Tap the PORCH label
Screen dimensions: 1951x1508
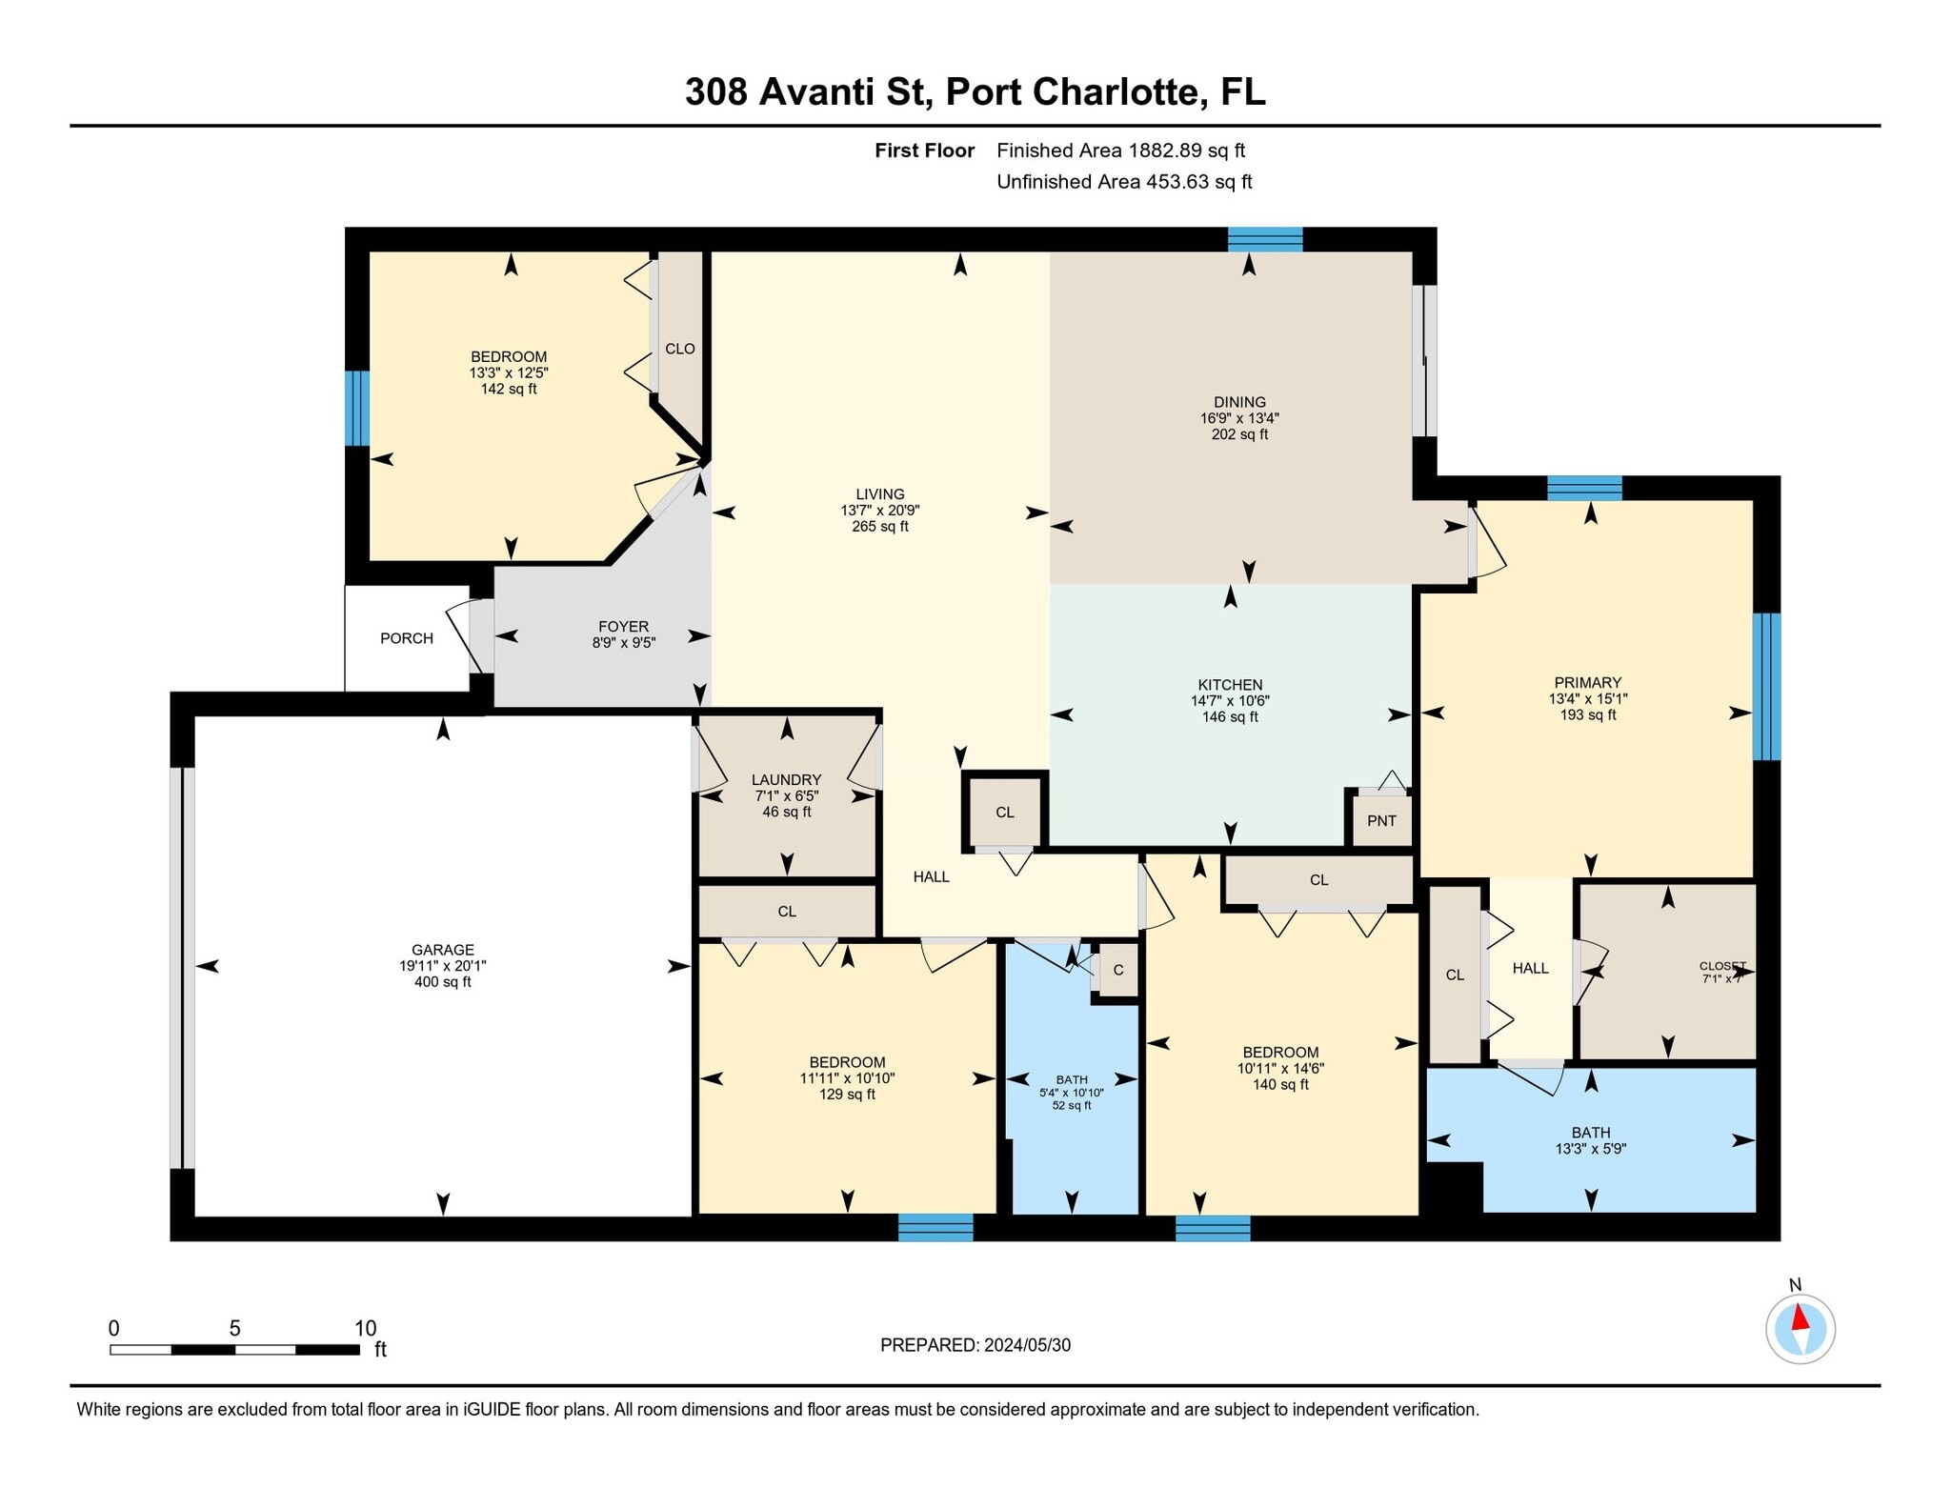click(x=407, y=638)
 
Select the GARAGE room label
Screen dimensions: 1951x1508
click(x=443, y=950)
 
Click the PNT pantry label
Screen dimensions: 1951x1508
click(x=1381, y=821)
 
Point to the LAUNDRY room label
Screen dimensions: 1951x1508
click(x=786, y=779)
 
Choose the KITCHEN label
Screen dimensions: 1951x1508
click(x=1230, y=685)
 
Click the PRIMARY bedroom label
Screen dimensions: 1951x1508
click(x=1587, y=682)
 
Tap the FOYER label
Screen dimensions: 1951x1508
click(x=623, y=626)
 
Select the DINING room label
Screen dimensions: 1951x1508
click(x=1239, y=402)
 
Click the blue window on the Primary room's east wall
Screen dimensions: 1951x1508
click(x=1767, y=686)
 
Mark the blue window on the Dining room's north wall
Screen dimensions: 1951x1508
click(x=1265, y=239)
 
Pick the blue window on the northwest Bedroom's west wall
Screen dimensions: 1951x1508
click(x=357, y=408)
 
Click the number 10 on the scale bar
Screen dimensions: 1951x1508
click(x=366, y=1328)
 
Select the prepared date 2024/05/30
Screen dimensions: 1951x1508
click(x=1027, y=1345)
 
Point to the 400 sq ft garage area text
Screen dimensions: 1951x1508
click(x=443, y=982)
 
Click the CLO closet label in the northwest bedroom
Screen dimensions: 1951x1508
click(x=680, y=349)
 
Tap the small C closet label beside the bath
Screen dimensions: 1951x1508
click(x=1118, y=970)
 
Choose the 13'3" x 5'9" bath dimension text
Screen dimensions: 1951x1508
click(x=1590, y=1149)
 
